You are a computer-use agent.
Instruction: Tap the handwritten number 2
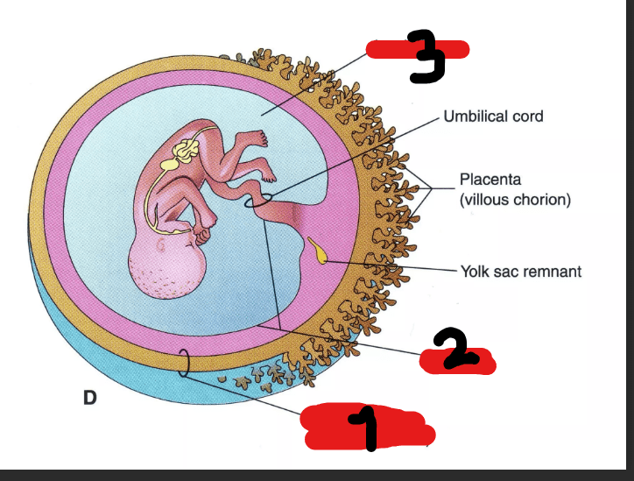[456, 349]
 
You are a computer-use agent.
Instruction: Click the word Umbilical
[475, 117]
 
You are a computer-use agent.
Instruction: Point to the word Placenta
[490, 180]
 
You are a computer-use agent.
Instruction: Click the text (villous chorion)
[515, 200]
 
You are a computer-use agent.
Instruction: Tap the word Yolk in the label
[475, 272]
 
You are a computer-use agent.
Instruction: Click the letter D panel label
[90, 398]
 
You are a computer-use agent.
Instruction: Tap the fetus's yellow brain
[185, 151]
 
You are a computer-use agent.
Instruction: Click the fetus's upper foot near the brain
[255, 138]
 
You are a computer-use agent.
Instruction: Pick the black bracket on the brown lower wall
[186, 363]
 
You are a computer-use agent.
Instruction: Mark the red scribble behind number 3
[418, 49]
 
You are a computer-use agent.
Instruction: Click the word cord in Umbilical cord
[528, 117]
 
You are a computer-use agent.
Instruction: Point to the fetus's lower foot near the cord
[268, 175]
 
